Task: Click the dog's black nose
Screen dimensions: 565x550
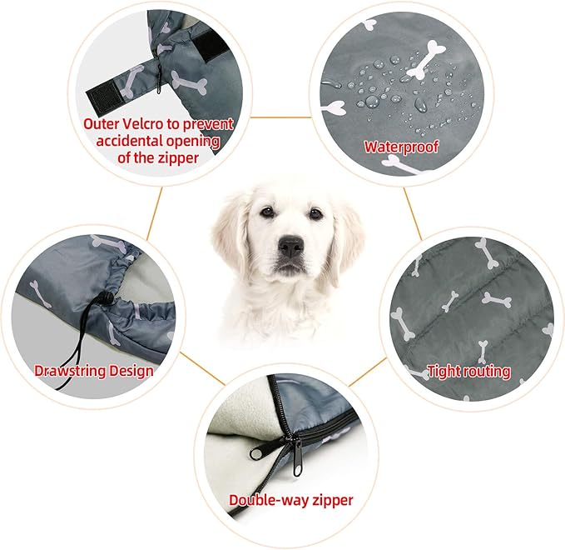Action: (x=291, y=247)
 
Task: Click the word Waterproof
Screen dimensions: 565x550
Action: (x=401, y=147)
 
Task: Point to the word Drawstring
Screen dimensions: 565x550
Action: (x=70, y=372)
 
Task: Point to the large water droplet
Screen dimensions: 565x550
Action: (x=419, y=105)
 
